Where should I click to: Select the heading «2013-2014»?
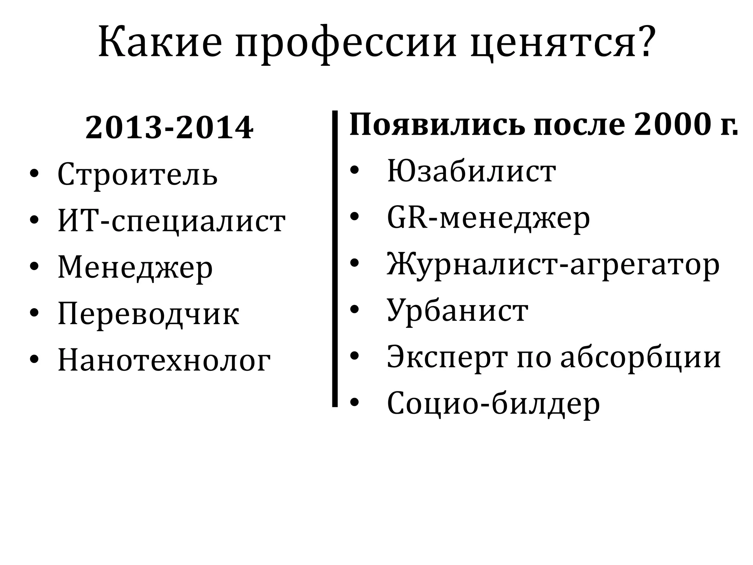(169, 128)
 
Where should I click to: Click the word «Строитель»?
(138, 174)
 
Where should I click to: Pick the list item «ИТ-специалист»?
(171, 221)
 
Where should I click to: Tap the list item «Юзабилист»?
(471, 171)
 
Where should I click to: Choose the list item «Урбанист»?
(458, 311)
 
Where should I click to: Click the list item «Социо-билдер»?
(493, 404)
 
